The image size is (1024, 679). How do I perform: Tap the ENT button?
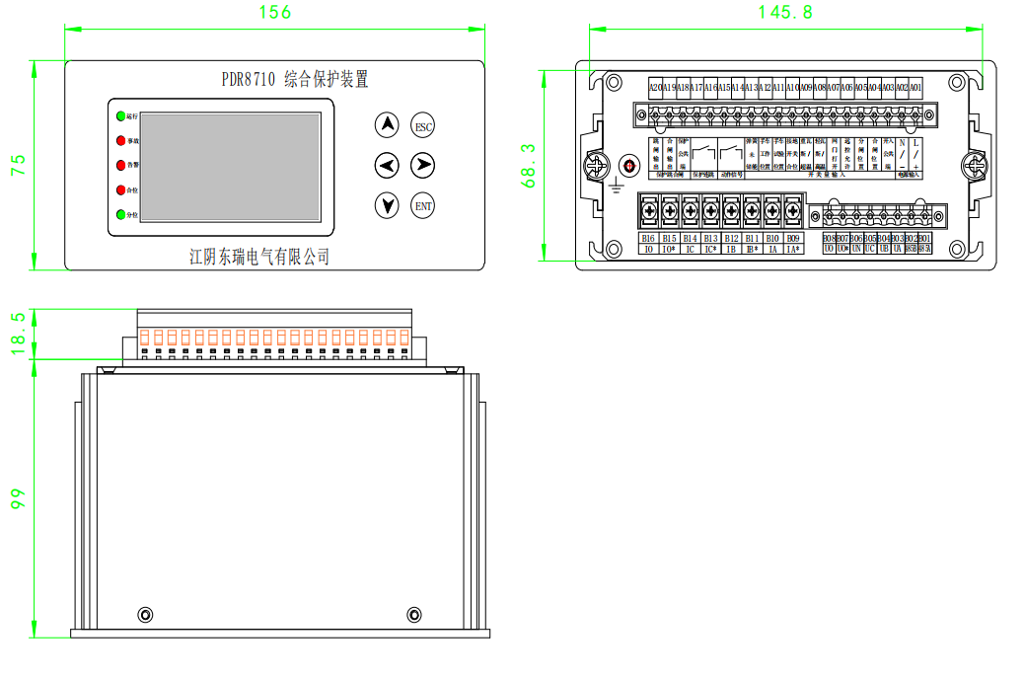point(423,205)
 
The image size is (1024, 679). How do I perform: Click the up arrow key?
point(388,125)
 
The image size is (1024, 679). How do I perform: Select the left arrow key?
point(388,165)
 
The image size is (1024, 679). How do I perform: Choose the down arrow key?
point(388,205)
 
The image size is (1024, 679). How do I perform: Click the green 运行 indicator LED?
point(120,117)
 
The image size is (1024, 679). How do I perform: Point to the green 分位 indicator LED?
point(120,214)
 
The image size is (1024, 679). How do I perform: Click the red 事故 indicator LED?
point(120,141)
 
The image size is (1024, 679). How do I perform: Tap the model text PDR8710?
point(248,79)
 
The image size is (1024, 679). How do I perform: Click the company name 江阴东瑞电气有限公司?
point(259,257)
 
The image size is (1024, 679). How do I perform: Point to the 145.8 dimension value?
point(785,13)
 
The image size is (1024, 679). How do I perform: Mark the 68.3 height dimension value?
point(528,165)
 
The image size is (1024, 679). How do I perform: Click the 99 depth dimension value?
point(18,498)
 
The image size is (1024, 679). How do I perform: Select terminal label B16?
point(648,238)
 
